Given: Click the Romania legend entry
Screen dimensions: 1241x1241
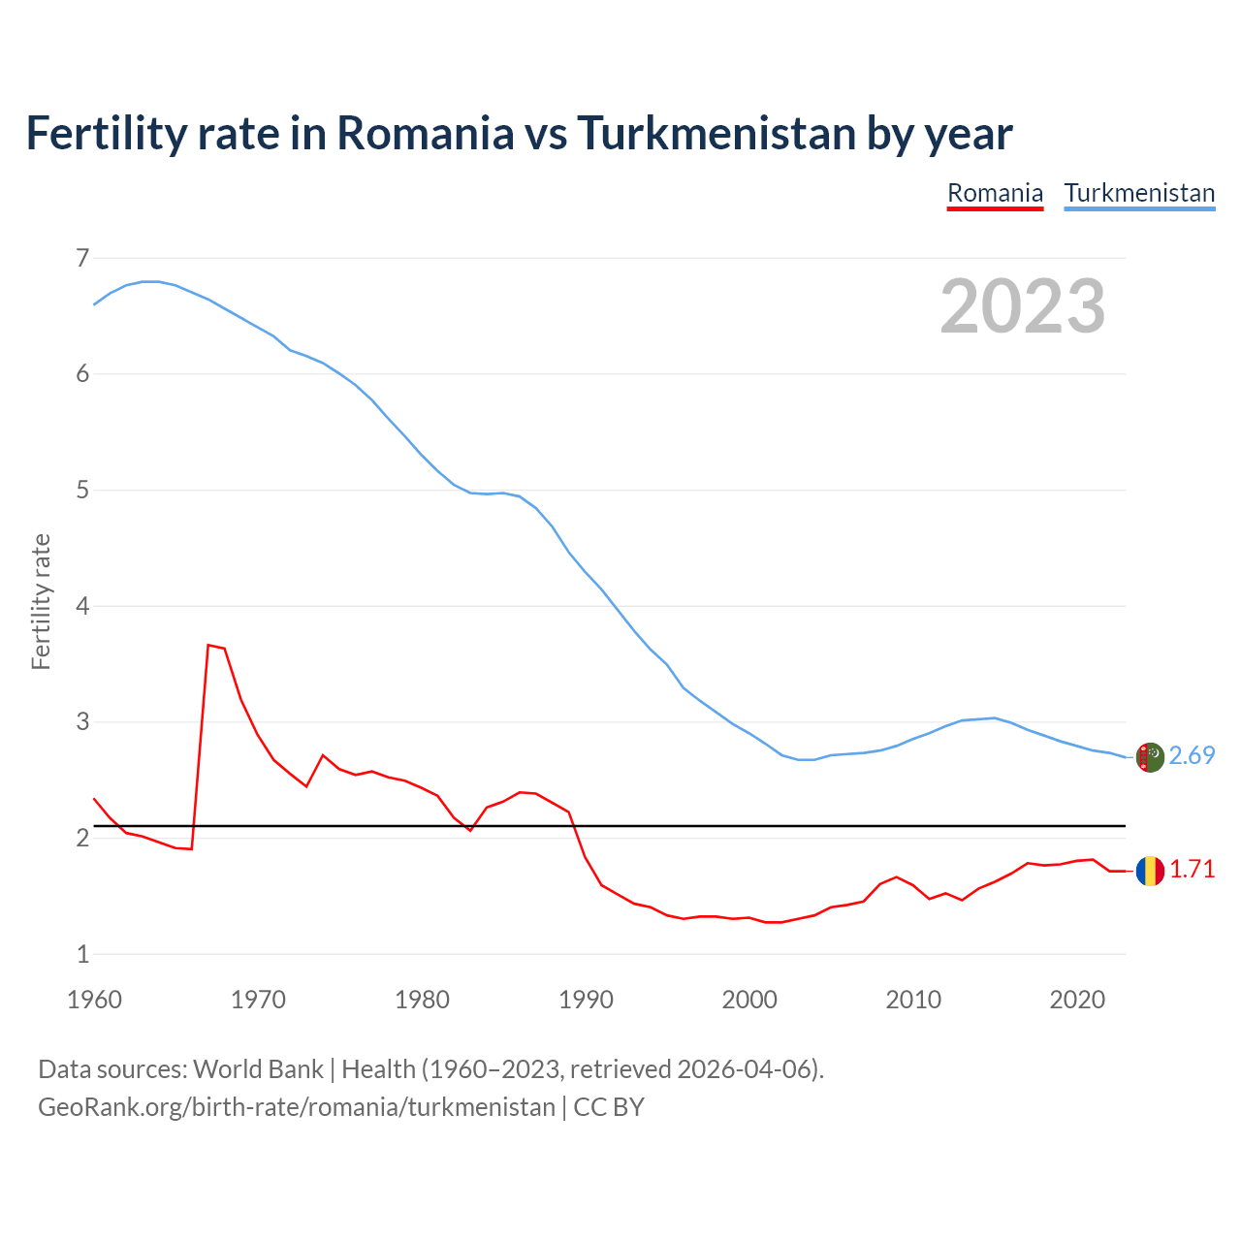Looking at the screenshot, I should pyautogui.click(x=995, y=193).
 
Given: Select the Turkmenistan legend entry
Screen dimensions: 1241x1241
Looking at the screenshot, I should pyautogui.click(x=1139, y=193).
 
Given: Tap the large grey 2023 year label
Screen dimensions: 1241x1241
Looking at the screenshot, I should pyautogui.click(x=1022, y=306).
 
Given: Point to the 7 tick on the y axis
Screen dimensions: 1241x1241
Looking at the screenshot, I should pyautogui.click(x=81, y=258).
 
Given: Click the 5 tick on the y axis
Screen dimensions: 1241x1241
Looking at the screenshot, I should pyautogui.click(x=81, y=490).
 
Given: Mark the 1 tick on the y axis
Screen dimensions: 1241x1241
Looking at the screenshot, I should pyautogui.click(x=81, y=954).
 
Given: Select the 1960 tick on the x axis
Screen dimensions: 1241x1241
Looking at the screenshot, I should pyautogui.click(x=94, y=1000).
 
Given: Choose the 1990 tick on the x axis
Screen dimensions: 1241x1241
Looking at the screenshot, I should pyautogui.click(x=586, y=1000).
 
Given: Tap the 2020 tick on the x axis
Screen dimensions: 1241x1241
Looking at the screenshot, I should pyautogui.click(x=1077, y=1000).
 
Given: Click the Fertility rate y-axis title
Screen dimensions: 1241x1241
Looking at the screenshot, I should pyautogui.click(x=41, y=601).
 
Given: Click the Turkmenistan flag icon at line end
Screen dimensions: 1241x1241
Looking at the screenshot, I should pyautogui.click(x=1150, y=757).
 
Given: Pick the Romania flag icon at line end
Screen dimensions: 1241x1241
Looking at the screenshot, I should pyautogui.click(x=1150, y=871).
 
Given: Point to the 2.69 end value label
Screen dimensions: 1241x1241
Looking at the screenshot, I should pyautogui.click(x=1192, y=756).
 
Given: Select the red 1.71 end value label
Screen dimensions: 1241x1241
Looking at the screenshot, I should pyautogui.click(x=1192, y=870).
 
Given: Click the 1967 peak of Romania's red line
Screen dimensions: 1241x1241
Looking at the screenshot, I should pyautogui.click(x=208, y=645).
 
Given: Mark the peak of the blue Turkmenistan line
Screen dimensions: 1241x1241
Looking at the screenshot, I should pyautogui.click(x=150, y=281).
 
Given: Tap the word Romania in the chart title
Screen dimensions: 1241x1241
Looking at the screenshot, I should pyautogui.click(x=425, y=133).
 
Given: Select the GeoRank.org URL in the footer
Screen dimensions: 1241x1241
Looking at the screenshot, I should pyautogui.click(x=296, y=1106).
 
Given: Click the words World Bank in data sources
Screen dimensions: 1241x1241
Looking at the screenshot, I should pyautogui.click(x=258, y=1068).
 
